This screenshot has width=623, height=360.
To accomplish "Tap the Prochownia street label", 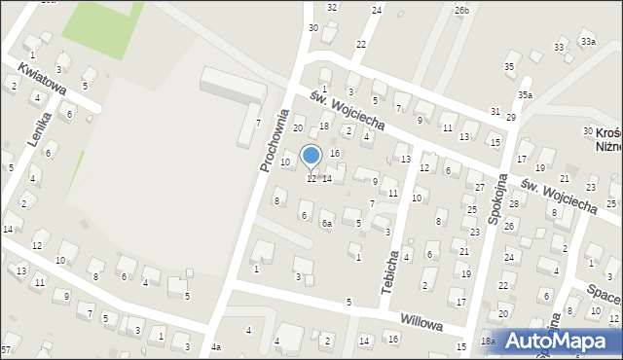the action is click(x=276, y=140).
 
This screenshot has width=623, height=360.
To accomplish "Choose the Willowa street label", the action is click(x=421, y=320).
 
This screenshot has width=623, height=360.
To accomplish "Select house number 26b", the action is click(x=461, y=11).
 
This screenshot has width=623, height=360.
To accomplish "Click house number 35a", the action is click(x=525, y=94).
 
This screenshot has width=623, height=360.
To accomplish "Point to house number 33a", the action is click(x=588, y=42).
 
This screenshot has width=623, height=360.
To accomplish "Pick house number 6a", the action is click(x=328, y=223).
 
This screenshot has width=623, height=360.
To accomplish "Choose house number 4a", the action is click(x=216, y=347).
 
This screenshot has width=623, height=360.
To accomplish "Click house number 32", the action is click(x=332, y=7).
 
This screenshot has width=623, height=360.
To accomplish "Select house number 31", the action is click(x=495, y=112).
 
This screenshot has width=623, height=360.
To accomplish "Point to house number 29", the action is click(x=510, y=117).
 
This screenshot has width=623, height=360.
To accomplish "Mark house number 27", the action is click(x=479, y=186).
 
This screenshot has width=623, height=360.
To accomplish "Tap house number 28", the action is click(x=513, y=203).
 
